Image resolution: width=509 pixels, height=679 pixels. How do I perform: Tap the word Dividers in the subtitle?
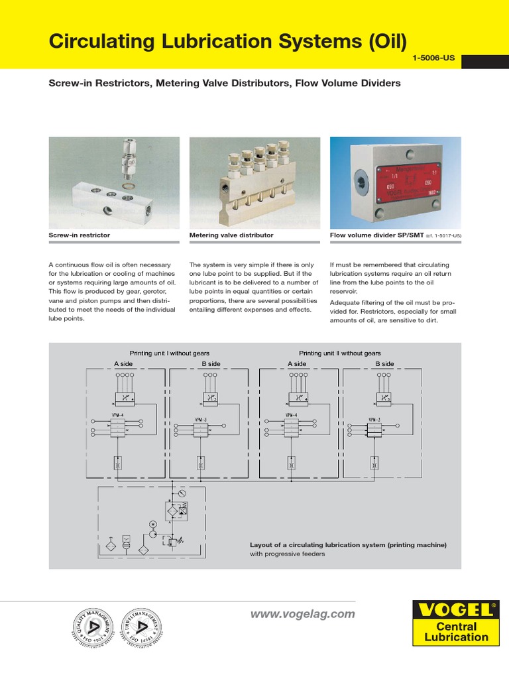(x=377, y=84)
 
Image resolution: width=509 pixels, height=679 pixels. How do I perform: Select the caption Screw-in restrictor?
(x=80, y=235)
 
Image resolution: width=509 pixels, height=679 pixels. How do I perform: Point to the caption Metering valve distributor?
(x=231, y=235)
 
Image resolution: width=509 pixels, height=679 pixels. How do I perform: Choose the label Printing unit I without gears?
(x=169, y=353)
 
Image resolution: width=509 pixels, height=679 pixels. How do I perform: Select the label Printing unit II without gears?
(x=339, y=353)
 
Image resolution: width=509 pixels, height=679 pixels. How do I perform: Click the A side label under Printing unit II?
(x=297, y=364)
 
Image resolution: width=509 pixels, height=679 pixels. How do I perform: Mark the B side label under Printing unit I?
(x=211, y=364)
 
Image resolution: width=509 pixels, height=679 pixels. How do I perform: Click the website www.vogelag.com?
(x=302, y=615)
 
